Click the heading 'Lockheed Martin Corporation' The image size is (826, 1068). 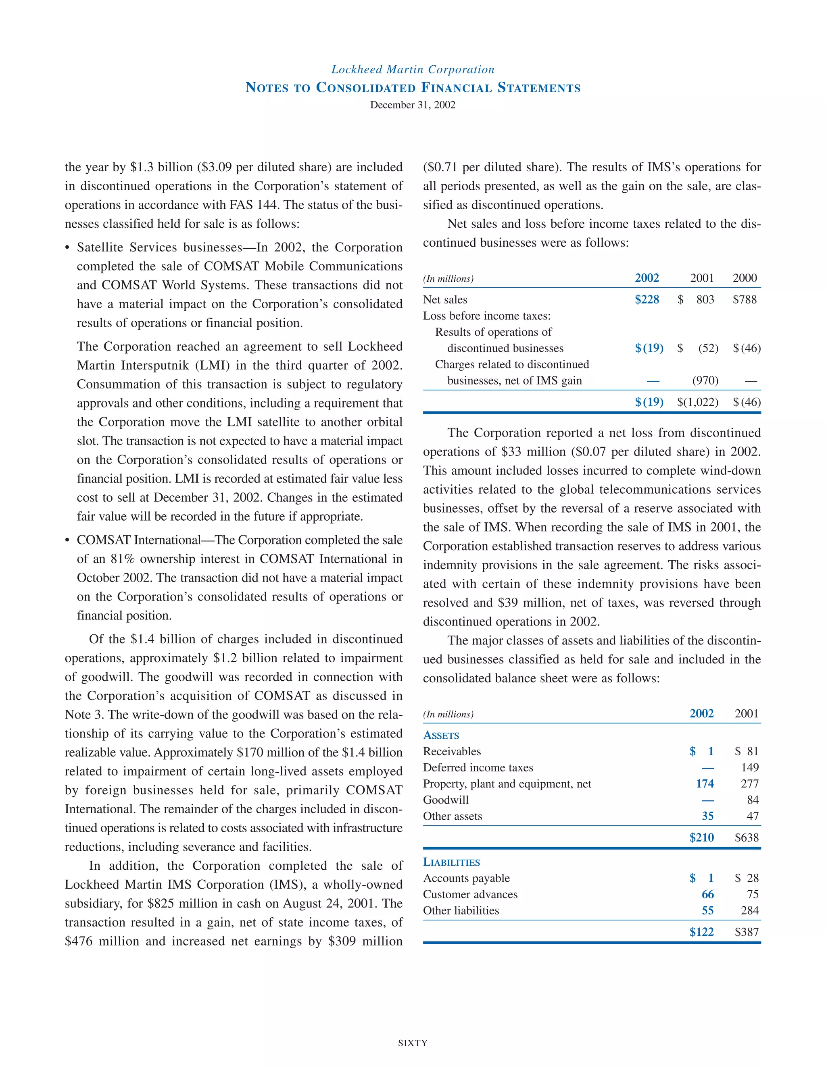413,69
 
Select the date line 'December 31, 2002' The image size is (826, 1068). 413,105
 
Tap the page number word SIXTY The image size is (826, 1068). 413,1043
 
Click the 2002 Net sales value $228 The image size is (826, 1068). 647,300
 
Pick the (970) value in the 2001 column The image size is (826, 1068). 705,381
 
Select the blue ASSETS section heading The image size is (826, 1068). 441,736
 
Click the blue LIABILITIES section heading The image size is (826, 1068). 451,862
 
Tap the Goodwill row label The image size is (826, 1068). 446,800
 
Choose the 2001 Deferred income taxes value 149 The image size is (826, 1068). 750,768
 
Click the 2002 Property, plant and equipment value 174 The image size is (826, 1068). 705,784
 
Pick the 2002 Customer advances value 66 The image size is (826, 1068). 707,894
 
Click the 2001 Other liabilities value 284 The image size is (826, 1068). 750,910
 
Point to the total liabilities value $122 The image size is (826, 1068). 701,932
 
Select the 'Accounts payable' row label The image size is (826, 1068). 466,878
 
